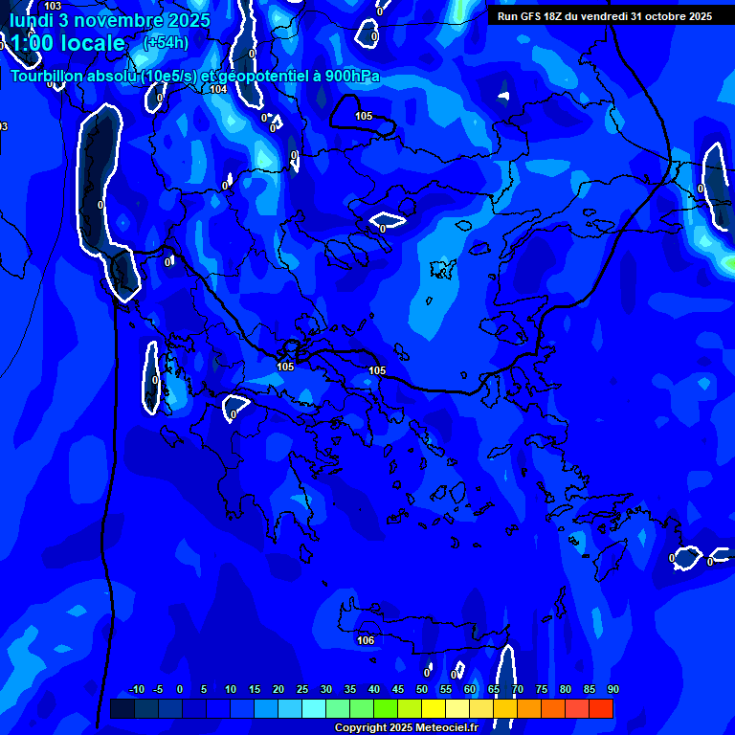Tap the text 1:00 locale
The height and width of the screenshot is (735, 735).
point(67,43)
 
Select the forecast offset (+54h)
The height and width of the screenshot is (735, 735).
point(166,43)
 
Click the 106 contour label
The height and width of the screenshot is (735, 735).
point(366,640)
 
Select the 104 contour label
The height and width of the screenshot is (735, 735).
point(218,89)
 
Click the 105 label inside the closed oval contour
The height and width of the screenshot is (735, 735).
point(364,116)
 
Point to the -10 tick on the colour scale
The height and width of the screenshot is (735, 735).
point(136,690)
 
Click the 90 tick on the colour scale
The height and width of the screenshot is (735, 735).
point(612,690)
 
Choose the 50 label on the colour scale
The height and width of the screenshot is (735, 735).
point(422,690)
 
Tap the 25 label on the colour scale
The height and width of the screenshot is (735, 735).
point(302,690)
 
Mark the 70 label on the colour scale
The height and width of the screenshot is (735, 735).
point(518,690)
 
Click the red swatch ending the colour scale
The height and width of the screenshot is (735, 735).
point(601,708)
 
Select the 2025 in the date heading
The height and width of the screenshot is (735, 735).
point(189,20)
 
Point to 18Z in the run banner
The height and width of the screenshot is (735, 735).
point(554,16)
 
